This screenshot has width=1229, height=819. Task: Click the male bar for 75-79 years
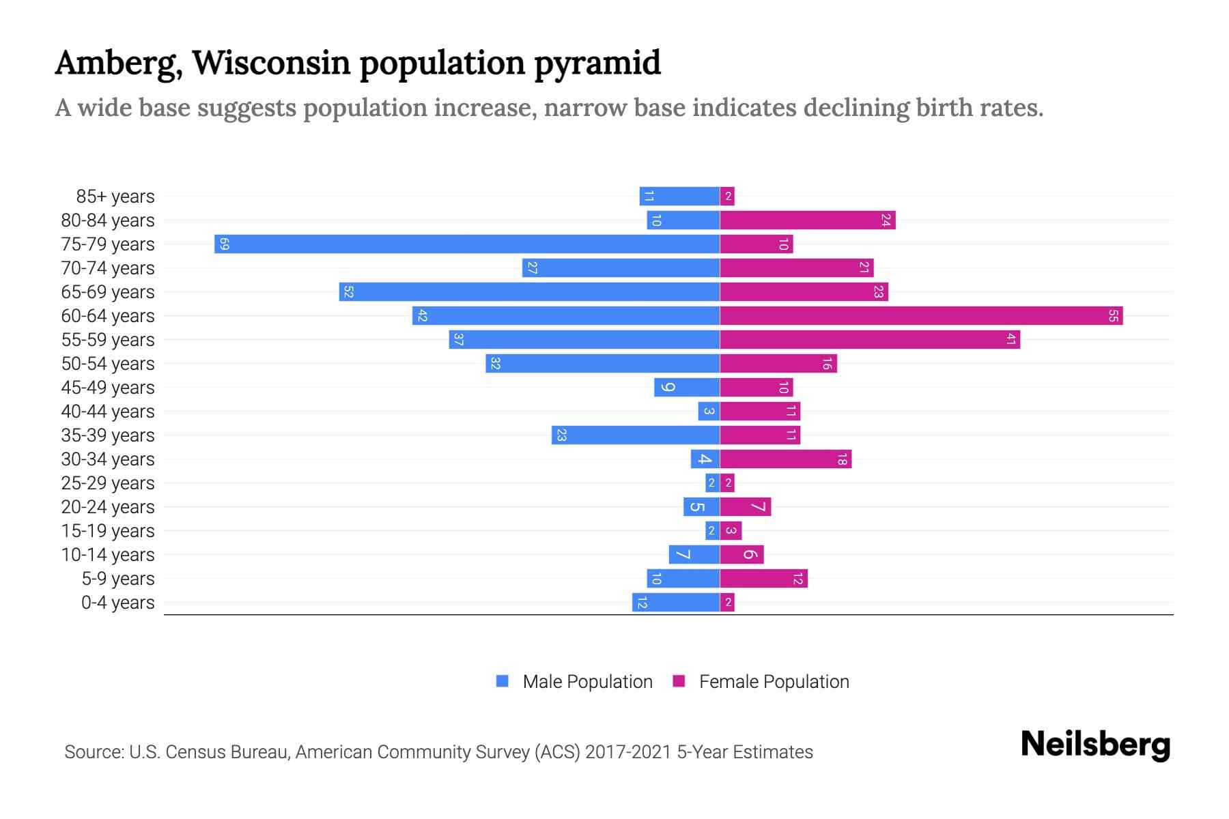click(467, 244)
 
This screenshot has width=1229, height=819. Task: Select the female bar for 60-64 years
click(921, 315)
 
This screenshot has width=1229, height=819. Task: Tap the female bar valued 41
click(870, 339)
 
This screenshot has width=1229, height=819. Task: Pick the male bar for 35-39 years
click(636, 435)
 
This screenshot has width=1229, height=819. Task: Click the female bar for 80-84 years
click(807, 220)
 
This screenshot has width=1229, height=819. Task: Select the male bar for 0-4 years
click(676, 602)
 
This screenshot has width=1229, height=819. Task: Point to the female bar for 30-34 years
click(785, 459)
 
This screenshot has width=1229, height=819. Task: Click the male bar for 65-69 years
click(529, 291)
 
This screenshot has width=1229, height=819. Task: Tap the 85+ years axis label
click(115, 197)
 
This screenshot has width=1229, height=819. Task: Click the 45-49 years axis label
click(108, 388)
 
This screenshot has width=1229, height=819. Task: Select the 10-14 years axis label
click(108, 555)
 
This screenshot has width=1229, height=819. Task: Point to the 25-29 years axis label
click(108, 483)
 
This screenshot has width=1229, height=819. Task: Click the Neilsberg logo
click(1095, 745)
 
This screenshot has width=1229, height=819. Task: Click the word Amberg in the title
click(117, 63)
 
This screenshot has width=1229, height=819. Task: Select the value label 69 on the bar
click(224, 244)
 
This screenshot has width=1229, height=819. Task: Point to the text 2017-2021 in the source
click(628, 752)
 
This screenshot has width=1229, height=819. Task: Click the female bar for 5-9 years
click(763, 578)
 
